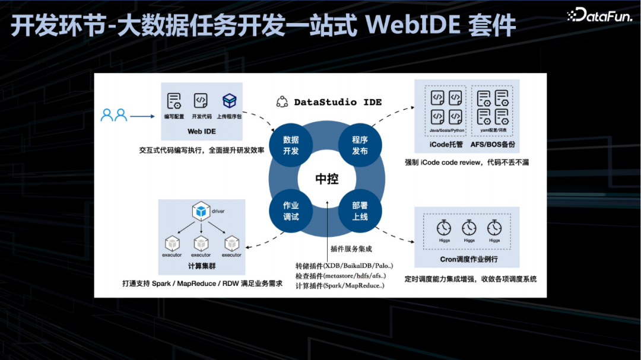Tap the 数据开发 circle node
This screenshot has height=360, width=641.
[291, 145]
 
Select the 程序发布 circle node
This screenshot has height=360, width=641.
[360, 145]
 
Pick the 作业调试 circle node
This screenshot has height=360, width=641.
[291, 211]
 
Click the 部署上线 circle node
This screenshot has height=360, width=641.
[360, 211]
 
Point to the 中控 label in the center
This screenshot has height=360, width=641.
[326, 179]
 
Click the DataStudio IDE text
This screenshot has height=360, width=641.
[338, 102]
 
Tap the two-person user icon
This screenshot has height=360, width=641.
[114, 115]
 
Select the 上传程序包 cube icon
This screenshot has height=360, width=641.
[229, 101]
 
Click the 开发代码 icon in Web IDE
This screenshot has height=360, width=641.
[201, 101]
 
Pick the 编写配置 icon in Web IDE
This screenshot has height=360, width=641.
[174, 101]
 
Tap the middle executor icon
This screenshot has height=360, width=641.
[201, 243]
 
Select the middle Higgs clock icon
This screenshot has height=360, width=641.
[469, 228]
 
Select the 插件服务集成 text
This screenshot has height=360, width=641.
[351, 249]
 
